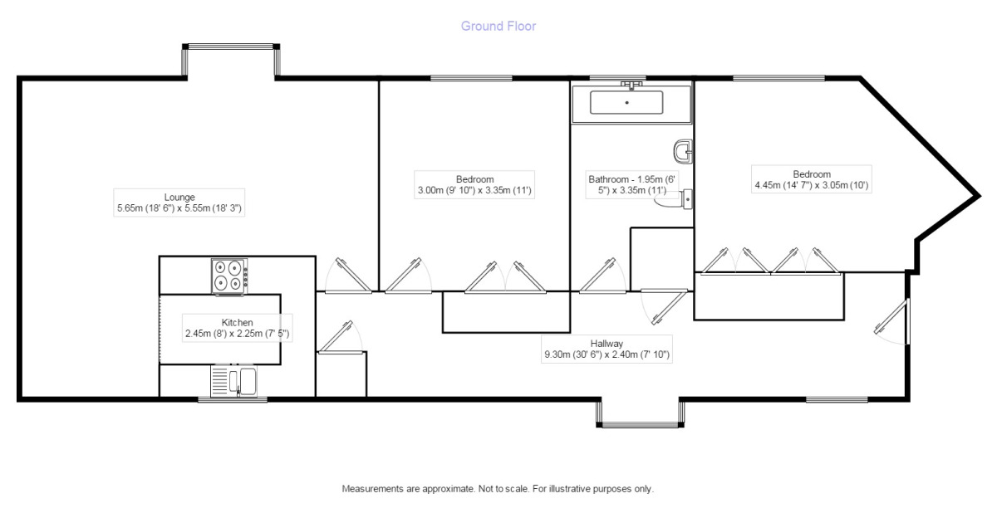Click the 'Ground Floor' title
(498, 27)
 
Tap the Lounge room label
(180, 203)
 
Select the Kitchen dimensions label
(237, 328)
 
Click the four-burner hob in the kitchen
(230, 275)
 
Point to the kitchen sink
(237, 382)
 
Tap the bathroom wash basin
(685, 151)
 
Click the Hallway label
(606, 349)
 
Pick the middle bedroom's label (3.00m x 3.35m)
(474, 184)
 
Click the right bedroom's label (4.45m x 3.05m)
(811, 179)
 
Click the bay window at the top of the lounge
(230, 60)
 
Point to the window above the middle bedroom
(471, 78)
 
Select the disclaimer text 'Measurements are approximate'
(498, 489)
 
